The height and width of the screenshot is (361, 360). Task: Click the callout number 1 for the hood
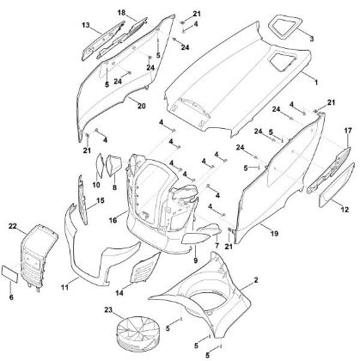pyautogui.click(x=314, y=81)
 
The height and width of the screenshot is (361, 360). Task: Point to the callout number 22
pyautogui.click(x=12, y=226)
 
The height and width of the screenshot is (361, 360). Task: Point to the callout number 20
pyautogui.click(x=141, y=107)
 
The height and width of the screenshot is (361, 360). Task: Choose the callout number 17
pyautogui.click(x=347, y=130)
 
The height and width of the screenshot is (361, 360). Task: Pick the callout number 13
pyautogui.click(x=86, y=27)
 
